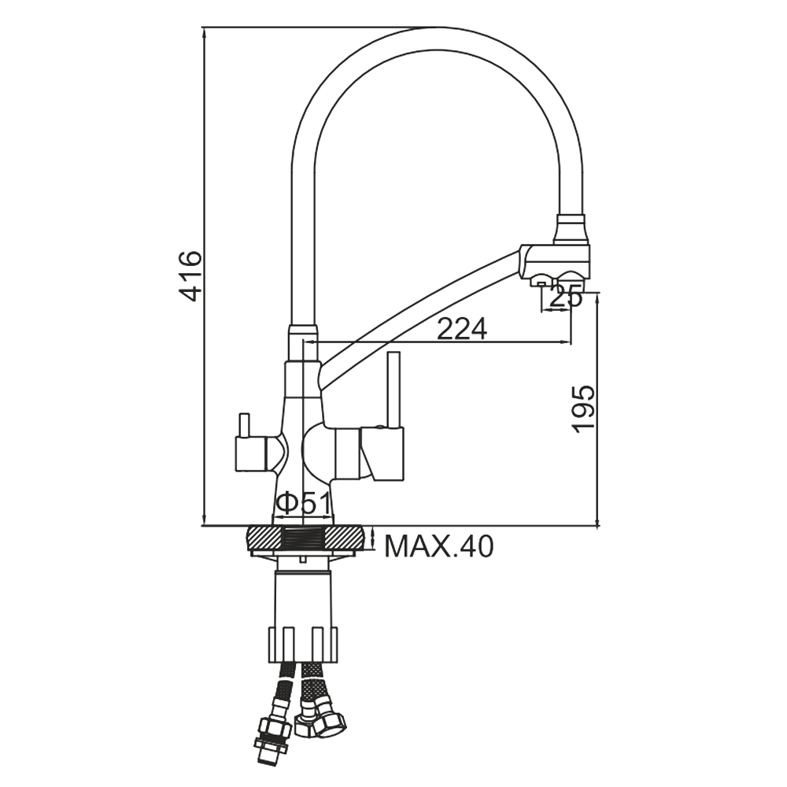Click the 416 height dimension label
tap(192, 276)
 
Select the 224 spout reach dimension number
tap(462, 329)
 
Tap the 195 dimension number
tap(584, 409)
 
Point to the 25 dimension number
tap(566, 297)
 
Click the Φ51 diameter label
tap(303, 503)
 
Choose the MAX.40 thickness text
tap(439, 547)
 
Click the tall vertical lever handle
tap(393, 390)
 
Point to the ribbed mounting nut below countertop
tap(303, 645)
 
